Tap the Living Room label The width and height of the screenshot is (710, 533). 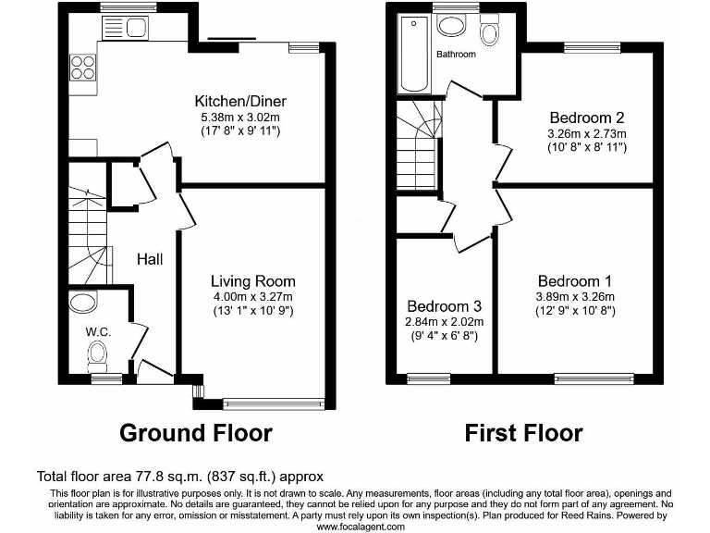(252, 281)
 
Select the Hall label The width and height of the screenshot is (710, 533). (151, 260)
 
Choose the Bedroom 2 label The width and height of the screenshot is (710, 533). (586, 118)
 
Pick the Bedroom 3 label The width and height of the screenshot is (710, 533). (445, 305)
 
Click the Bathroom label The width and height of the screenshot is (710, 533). (456, 55)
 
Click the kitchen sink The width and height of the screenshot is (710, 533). (135, 29)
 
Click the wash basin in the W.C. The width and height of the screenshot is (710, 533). (83, 301)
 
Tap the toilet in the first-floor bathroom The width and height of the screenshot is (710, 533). (489, 31)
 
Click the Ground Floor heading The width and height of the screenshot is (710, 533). (197, 432)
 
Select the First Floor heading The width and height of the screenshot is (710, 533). (523, 432)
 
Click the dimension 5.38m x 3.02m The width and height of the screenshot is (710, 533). (239, 118)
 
